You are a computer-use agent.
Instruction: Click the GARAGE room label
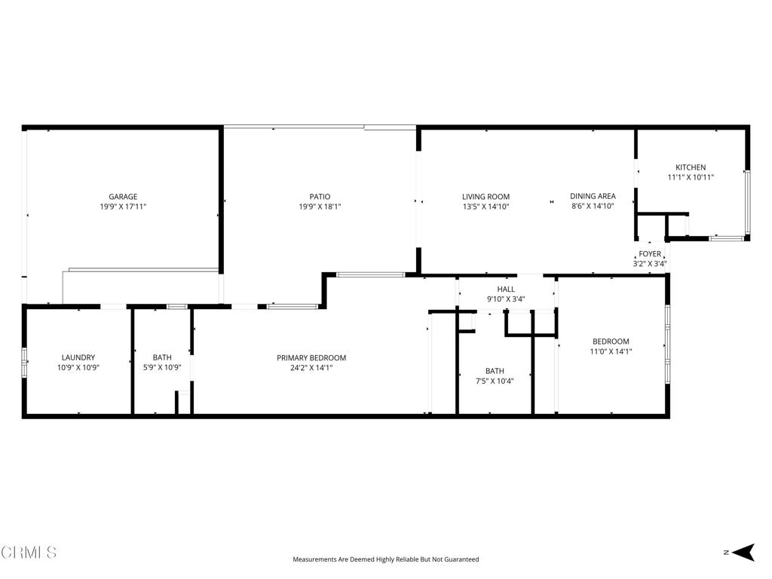(122, 197)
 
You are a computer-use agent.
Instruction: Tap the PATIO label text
(320, 197)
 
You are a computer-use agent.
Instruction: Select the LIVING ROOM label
(486, 197)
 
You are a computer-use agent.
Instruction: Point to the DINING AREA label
(593, 196)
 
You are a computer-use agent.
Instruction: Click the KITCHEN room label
(690, 167)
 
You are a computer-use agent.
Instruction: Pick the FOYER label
(649, 254)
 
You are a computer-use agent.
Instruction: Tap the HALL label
(505, 289)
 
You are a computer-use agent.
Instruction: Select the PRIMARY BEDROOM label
(311, 358)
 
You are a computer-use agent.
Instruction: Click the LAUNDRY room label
(78, 358)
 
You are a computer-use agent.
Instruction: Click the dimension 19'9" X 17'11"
(122, 207)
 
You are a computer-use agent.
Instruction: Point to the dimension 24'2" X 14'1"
(311, 368)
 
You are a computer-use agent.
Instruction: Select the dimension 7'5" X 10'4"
(495, 381)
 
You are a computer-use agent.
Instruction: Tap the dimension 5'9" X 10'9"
(162, 368)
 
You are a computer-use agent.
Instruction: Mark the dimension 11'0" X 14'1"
(610, 351)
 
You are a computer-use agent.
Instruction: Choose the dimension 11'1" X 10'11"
(690, 177)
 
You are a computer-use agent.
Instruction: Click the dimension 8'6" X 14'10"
(593, 206)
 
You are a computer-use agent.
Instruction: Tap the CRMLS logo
(29, 553)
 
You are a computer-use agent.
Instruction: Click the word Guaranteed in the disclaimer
(460, 559)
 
